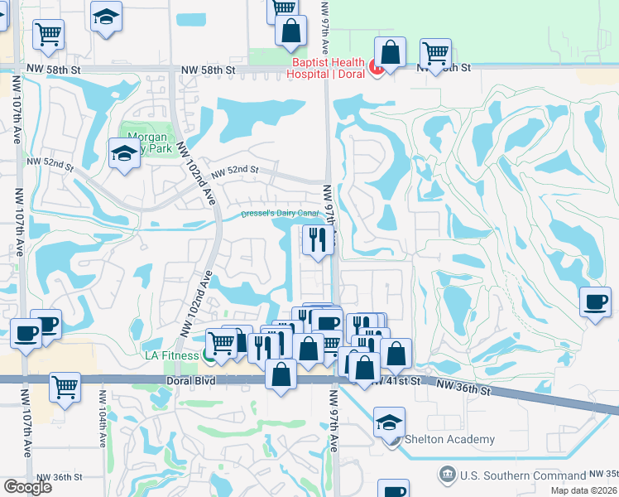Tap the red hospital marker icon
coord(376,68)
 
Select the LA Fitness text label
coord(170,355)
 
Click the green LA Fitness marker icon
coord(211,356)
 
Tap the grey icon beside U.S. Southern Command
coord(446,475)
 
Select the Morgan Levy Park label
coord(149,142)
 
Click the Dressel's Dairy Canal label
coord(280,213)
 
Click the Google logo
coord(27,487)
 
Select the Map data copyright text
coord(583,490)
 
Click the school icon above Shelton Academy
coord(389,422)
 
